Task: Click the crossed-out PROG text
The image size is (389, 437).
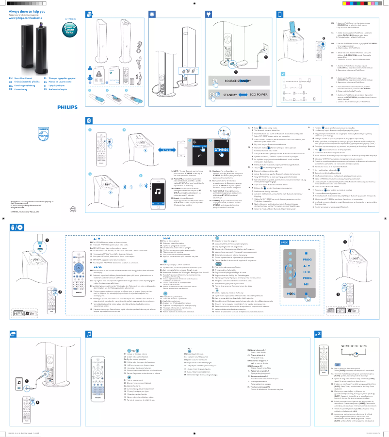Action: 291,280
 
